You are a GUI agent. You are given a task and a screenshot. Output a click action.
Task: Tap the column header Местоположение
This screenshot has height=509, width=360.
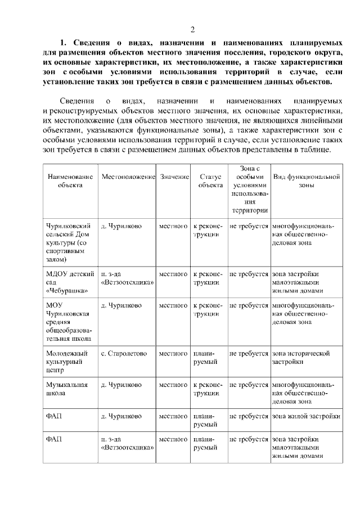[x=128, y=177]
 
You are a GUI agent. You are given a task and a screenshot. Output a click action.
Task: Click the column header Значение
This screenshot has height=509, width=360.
[x=174, y=177]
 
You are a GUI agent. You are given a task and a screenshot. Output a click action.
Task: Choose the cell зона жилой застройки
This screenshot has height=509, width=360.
[x=306, y=416]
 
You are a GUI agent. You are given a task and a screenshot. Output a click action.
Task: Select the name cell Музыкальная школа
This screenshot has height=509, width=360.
[x=66, y=389]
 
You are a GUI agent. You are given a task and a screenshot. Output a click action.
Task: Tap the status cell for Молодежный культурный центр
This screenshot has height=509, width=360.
[x=205, y=358]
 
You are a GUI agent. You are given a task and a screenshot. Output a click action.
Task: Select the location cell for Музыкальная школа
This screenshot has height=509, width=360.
[x=121, y=385]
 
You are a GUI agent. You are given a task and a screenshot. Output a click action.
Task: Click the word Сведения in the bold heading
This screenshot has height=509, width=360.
[x=92, y=42]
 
